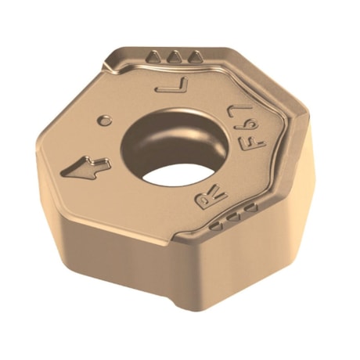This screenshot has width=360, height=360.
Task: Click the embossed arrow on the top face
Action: [87, 166]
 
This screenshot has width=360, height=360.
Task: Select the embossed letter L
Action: [173, 84]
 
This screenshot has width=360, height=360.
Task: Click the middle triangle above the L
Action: [176, 56]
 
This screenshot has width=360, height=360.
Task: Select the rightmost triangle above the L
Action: [195, 57]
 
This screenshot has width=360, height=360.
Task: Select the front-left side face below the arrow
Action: [110, 235]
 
